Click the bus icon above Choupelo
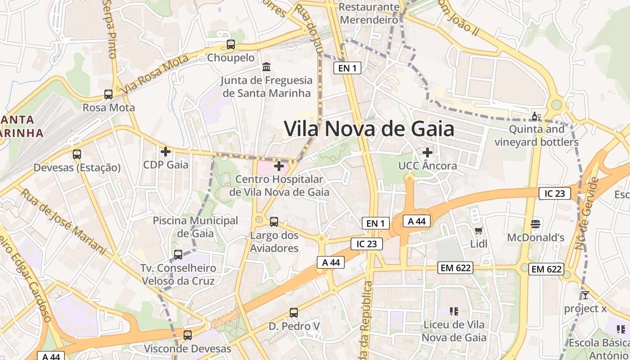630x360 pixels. [231, 45]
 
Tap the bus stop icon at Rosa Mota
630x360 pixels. [108, 94]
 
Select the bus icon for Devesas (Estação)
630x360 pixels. [77, 154]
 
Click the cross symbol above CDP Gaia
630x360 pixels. [166, 152]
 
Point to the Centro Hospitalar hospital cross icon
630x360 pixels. [279, 166]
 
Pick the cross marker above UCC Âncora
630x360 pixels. [427, 153]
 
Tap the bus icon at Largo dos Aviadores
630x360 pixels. [274, 222]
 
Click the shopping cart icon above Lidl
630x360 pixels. [479, 231]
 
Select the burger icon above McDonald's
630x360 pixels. [535, 224]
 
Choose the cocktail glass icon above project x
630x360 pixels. [585, 295]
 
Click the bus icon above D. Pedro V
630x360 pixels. [294, 312]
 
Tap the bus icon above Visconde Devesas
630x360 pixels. [187, 335]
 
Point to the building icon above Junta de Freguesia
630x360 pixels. [266, 67]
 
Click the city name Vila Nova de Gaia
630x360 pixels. [369, 129]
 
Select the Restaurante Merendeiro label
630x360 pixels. [369, 13]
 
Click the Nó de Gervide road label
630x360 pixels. [587, 213]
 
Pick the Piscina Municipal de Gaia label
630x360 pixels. [195, 227]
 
